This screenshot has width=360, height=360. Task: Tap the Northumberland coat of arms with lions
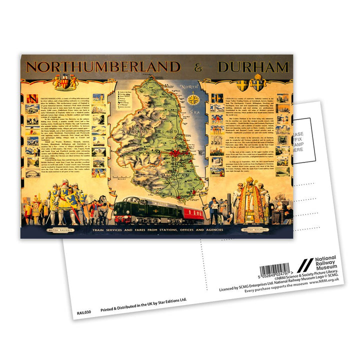point(66,81)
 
